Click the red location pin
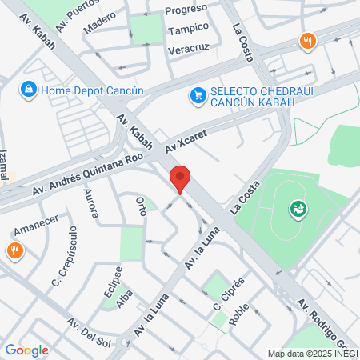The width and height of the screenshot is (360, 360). [180, 178]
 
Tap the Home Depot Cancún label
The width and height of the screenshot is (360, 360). [93, 90]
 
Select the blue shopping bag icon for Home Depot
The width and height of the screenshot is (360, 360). [29, 89]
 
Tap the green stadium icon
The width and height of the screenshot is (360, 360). [298, 210]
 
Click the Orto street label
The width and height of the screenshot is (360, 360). [141, 205]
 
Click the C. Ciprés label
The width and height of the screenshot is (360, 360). [226, 294]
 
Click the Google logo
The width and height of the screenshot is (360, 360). [26, 350]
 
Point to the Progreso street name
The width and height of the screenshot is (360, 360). [186, 10]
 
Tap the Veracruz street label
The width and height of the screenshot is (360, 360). [189, 50]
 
